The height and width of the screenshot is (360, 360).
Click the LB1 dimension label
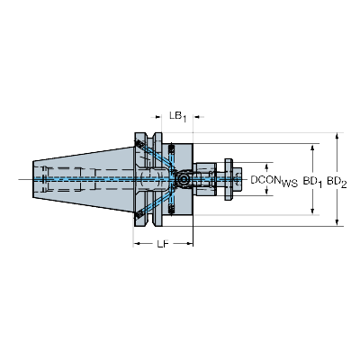[178, 115]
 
